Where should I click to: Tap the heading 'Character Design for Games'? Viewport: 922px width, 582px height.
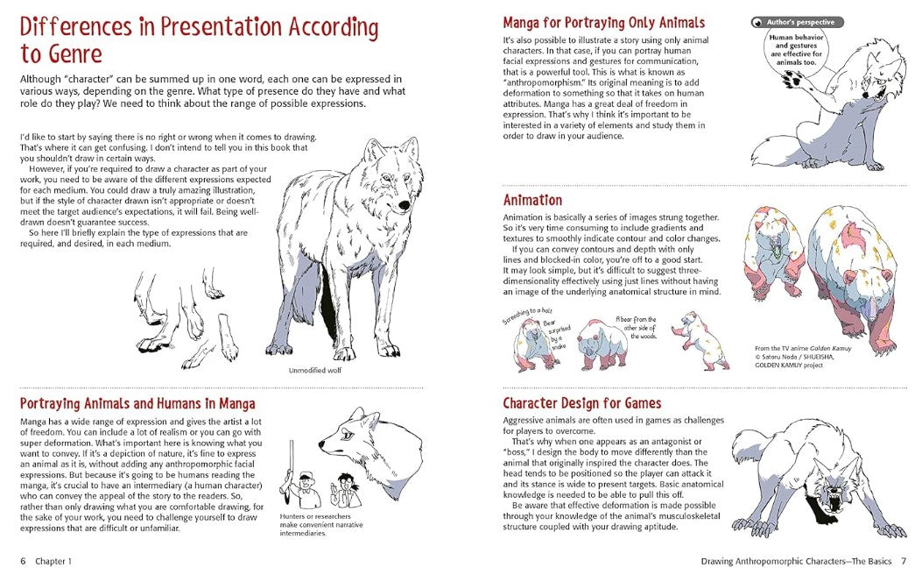[x=581, y=403]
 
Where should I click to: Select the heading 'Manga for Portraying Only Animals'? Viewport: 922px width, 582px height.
[x=603, y=23]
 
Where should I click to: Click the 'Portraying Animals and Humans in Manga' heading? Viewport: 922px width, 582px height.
[x=137, y=404]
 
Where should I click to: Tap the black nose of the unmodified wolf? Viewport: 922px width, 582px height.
[x=404, y=204]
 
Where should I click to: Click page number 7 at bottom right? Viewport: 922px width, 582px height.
[x=904, y=561]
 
